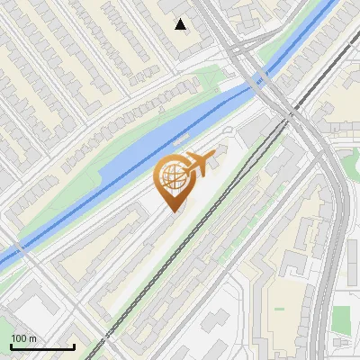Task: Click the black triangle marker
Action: click(x=181, y=24)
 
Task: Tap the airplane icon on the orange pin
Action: click(x=198, y=165)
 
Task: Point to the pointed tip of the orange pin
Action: click(x=174, y=211)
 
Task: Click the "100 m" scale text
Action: click(x=23, y=338)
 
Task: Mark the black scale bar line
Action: click(x=42, y=346)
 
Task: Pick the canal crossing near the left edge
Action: click(x=20, y=247)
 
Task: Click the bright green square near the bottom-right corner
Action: click(x=340, y=318)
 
